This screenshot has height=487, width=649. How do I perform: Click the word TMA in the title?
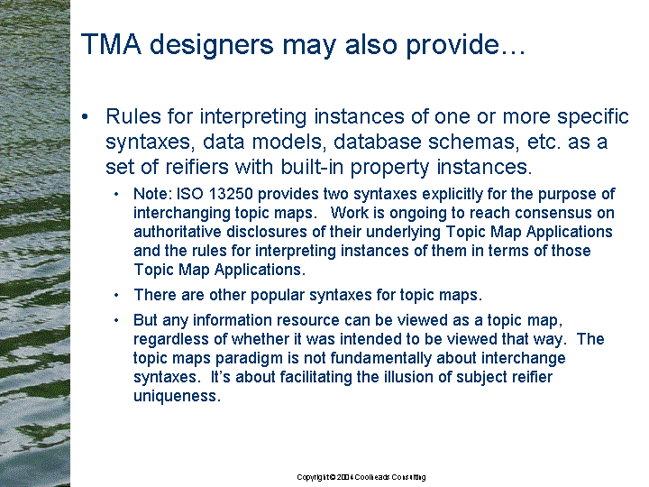coord(111,44)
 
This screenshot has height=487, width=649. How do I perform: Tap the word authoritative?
coord(178,232)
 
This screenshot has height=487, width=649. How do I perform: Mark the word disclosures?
coord(267,232)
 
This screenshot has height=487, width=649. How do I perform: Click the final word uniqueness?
coord(177,396)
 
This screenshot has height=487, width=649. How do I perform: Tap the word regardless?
coord(171,340)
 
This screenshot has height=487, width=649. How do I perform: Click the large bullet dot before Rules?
coord(85,116)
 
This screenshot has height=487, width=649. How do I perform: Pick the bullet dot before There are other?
coord(116,295)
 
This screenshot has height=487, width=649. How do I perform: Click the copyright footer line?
coord(361,477)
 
